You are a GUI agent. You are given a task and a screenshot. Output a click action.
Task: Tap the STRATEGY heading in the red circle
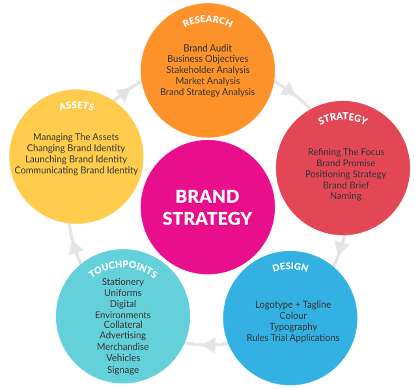343,119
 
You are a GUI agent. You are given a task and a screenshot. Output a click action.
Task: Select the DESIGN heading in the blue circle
290,267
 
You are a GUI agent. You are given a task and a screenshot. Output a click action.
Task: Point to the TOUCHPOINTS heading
122,267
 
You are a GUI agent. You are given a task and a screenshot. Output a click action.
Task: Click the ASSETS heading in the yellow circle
77,106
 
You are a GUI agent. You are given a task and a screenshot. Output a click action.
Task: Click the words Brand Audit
207,48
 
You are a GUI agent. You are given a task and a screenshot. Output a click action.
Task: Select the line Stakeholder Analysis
207,70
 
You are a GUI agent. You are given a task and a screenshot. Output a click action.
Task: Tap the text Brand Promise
346,163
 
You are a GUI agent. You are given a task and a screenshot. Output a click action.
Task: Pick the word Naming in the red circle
346,196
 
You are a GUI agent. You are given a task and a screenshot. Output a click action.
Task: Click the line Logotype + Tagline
293,305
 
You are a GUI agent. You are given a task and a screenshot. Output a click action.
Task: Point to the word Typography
293,327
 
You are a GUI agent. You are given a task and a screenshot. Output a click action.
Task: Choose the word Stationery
122,282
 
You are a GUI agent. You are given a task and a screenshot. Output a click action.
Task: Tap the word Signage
122,370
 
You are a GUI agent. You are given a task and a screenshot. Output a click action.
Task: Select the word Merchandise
122,347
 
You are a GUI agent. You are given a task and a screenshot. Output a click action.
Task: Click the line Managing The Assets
76,137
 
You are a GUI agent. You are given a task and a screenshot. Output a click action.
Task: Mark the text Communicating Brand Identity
76,170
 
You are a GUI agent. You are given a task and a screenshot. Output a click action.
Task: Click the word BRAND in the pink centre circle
207,197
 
